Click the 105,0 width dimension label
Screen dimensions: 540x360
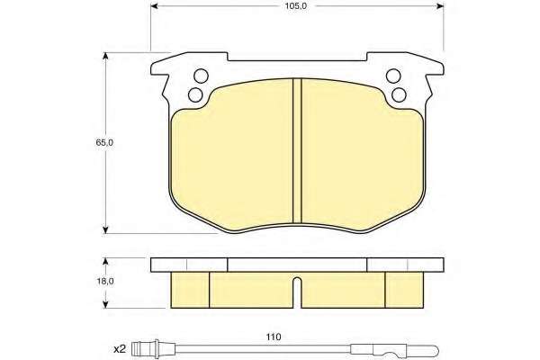(x=295, y=6)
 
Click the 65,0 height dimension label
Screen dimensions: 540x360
(x=104, y=142)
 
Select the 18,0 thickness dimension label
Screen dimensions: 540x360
(x=105, y=281)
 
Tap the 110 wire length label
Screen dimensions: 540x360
(x=274, y=337)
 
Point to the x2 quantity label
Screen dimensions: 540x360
(x=120, y=349)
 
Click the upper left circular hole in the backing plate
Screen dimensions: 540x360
(x=201, y=76)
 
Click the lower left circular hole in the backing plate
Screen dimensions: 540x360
(x=195, y=94)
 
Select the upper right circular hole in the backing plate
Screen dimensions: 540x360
(x=393, y=76)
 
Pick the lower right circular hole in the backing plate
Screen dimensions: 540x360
(x=399, y=94)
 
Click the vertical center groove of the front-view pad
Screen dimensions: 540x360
(x=297, y=150)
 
